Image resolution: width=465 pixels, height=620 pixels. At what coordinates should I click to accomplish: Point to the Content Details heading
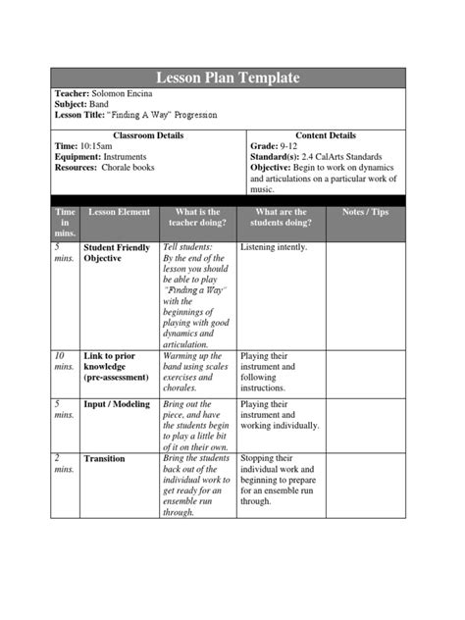tap(325, 134)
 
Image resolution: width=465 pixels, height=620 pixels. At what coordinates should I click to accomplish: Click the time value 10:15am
tap(98, 145)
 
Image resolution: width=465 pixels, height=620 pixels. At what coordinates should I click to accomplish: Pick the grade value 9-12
tap(288, 145)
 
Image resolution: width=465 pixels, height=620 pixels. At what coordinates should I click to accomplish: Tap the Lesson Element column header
tap(119, 212)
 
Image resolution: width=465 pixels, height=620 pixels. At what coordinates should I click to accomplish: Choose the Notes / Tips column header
tap(365, 212)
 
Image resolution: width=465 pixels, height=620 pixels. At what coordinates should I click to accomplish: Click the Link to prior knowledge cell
tap(117, 367)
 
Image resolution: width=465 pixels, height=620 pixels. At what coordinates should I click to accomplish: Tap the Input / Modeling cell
tap(117, 404)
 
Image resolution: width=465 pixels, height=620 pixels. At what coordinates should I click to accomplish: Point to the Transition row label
tap(105, 458)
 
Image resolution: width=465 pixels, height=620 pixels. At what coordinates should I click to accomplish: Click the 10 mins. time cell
tap(64, 362)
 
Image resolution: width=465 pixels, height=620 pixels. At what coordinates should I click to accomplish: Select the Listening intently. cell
tap(274, 248)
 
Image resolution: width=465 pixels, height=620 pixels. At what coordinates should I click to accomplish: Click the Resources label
tap(77, 167)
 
